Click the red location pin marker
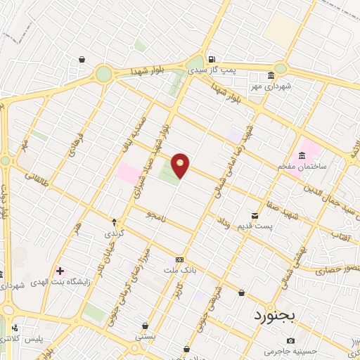[181, 164]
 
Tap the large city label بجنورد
[277, 314]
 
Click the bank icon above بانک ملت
[180, 258]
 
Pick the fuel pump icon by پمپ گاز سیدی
[211, 59]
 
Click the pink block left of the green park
[127, 173]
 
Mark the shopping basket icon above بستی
[145, 326]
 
